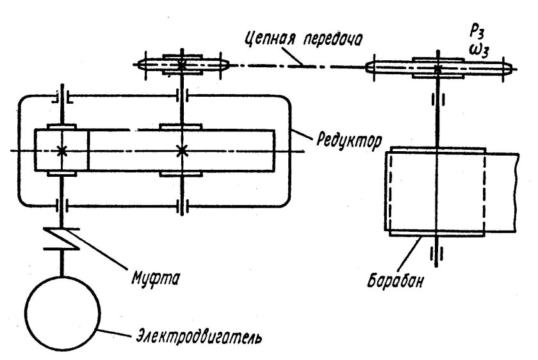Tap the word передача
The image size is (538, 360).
330,39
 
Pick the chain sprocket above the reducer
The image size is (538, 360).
183,65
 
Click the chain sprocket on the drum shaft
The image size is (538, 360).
437,67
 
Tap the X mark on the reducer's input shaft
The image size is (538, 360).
62,151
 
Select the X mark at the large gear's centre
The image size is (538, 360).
182,151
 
